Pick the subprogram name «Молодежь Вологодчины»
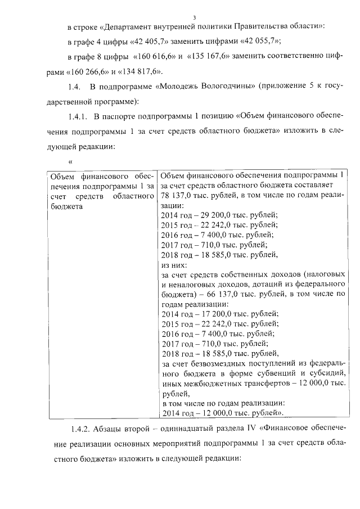[198, 87]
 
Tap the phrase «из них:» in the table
[173, 264]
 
